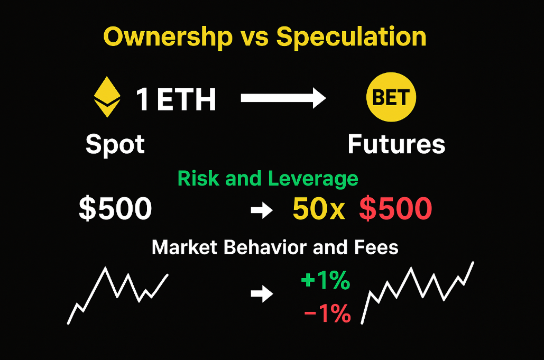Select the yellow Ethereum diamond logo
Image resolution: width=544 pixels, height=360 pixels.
(x=107, y=97)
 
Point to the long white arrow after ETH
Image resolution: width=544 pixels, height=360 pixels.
(x=283, y=98)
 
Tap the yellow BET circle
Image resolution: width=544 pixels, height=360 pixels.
(x=391, y=98)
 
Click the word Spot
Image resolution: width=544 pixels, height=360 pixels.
(x=115, y=144)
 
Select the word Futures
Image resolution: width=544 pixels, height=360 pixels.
(x=397, y=144)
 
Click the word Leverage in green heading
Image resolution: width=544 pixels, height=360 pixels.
(x=314, y=179)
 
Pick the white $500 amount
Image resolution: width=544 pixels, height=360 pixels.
(x=115, y=209)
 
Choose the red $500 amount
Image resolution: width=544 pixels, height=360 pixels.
(x=395, y=209)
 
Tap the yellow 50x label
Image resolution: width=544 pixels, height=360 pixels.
(x=318, y=209)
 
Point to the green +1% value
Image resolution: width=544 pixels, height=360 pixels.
(x=325, y=281)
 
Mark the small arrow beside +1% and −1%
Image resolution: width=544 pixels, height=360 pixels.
(x=261, y=294)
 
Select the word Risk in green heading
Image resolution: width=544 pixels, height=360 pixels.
(x=199, y=179)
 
